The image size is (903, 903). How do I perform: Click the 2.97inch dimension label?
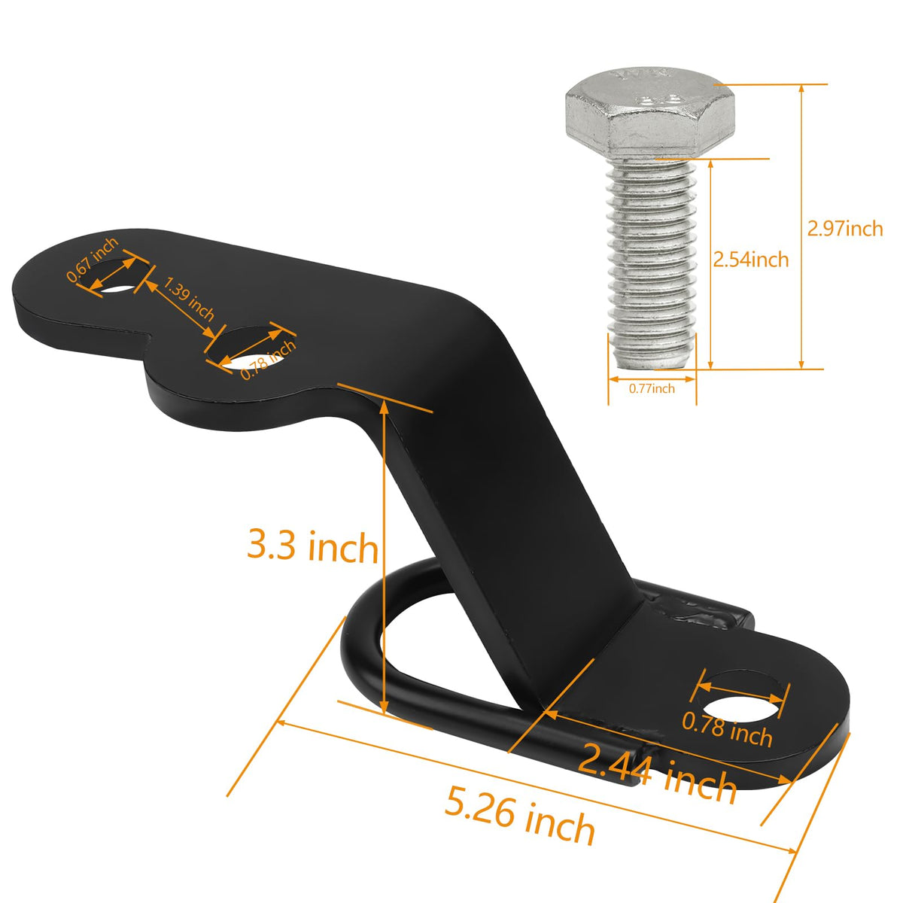pos(844,229)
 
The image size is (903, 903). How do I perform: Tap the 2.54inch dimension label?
pos(751,259)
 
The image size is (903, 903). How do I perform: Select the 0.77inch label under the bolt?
pos(652,388)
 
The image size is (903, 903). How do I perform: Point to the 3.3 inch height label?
pos(312,546)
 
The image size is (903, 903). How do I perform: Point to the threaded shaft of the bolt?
pos(652,263)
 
